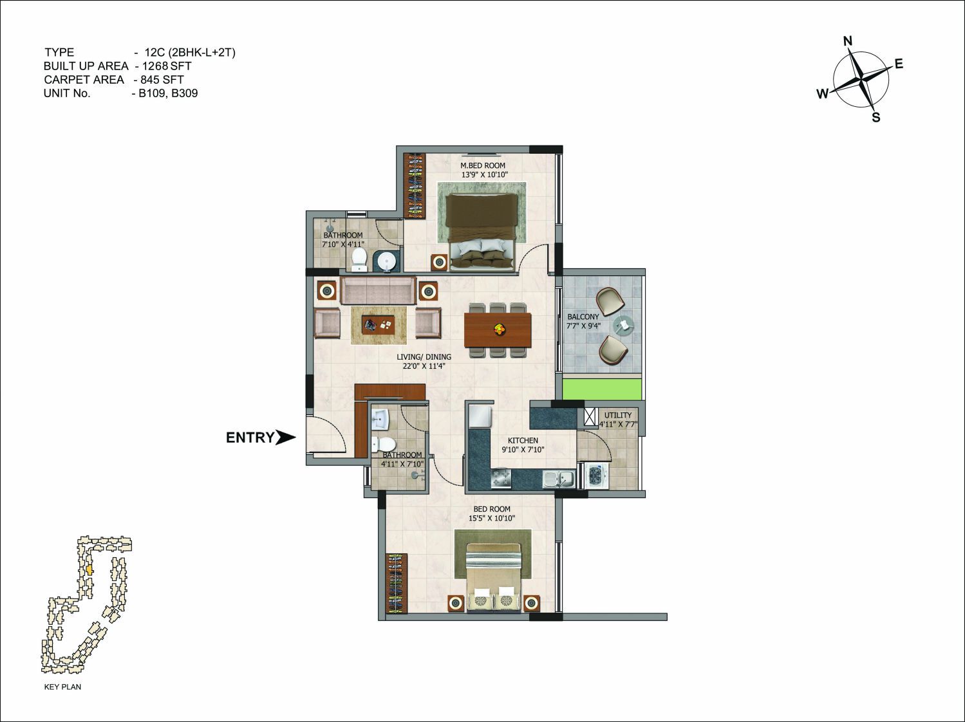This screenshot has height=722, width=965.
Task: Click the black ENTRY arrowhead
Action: pos(285,437)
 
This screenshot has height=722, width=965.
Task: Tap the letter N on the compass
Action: pos(848,41)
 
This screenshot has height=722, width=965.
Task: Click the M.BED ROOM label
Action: pos(483,165)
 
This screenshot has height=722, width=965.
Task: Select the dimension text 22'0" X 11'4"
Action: pos(424,366)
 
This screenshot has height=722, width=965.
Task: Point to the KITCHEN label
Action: pos(523,440)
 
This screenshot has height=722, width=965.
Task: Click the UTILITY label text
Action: pos(617,415)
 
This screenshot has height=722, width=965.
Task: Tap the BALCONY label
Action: pos(583,317)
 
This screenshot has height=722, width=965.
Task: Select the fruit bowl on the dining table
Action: pos(498,328)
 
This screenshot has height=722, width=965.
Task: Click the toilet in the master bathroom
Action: pos(359,260)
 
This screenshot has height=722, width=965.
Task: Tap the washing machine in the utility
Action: pos(595,475)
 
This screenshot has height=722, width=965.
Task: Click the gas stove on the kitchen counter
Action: pos(501,479)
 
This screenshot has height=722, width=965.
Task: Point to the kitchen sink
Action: pos(558,479)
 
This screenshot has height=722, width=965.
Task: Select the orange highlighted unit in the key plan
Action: pos(89,570)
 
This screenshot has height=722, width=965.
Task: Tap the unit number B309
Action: pos(185,93)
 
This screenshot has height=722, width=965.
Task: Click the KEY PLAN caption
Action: pos(62,687)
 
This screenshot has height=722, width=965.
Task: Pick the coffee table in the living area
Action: pos(379,325)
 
